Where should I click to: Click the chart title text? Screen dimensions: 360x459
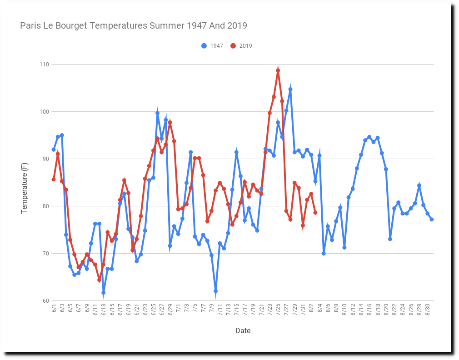pyautogui.click(x=134, y=25)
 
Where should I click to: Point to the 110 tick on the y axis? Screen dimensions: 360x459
pyautogui.click(x=44, y=65)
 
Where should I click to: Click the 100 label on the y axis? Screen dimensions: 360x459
pyautogui.click(x=44, y=112)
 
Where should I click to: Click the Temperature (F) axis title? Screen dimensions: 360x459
pyautogui.click(x=25, y=182)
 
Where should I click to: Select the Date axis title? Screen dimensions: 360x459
pyautogui.click(x=243, y=331)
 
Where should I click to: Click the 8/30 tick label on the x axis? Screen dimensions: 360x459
pyautogui.click(x=428, y=310)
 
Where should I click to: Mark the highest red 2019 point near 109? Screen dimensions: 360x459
pyautogui.click(x=278, y=70)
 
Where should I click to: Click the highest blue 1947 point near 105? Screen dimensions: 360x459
pyautogui.click(x=290, y=89)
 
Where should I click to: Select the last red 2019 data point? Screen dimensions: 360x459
pyautogui.click(x=315, y=213)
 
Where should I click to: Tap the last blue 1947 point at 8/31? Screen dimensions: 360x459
pyautogui.click(x=431, y=220)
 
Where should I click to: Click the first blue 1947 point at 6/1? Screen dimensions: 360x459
pyautogui.click(x=54, y=150)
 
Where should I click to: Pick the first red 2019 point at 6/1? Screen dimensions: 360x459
pyautogui.click(x=54, y=180)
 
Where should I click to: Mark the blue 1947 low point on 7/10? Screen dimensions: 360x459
pyautogui.click(x=215, y=291)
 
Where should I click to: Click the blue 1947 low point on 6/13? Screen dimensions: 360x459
pyautogui.click(x=104, y=293)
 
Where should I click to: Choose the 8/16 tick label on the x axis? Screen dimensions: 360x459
pyautogui.click(x=369, y=310)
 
